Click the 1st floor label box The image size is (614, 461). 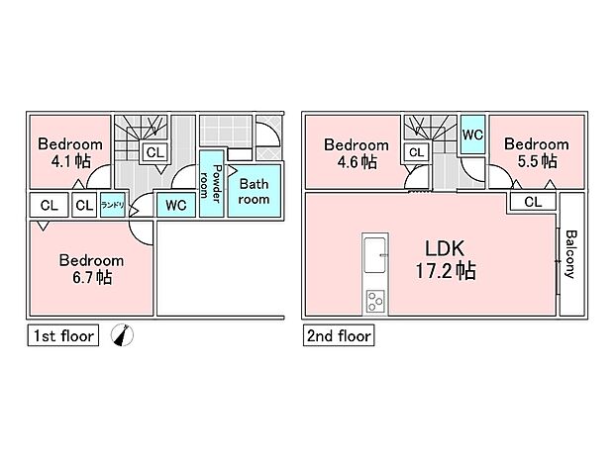[x=60, y=336]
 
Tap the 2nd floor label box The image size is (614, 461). [x=338, y=336]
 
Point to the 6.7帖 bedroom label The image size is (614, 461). [x=91, y=269]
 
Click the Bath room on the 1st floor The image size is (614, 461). [x=255, y=191]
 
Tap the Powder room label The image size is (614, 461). [x=210, y=183]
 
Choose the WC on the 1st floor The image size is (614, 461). [x=176, y=206]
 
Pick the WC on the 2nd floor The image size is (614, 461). [x=472, y=134]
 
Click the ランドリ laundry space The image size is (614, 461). [x=112, y=206]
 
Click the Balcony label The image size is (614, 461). [x=571, y=254]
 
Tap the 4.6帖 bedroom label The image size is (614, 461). [x=354, y=151]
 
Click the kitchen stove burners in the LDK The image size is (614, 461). [x=375, y=300]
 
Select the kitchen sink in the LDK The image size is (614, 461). [x=375, y=256]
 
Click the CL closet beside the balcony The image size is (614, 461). [x=533, y=202]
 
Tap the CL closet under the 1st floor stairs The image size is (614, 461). [x=153, y=152]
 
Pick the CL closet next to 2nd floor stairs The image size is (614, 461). [x=416, y=152]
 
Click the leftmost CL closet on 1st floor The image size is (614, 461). [x=48, y=206]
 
